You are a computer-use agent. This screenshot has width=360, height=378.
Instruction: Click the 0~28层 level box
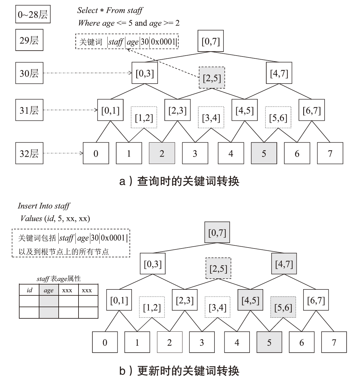[x=33, y=15]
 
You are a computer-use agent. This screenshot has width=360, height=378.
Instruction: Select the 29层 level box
[x=29, y=40]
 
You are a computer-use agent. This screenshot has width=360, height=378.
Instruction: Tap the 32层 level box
[x=29, y=153]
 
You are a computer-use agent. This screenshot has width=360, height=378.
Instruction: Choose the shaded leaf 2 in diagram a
[x=162, y=153]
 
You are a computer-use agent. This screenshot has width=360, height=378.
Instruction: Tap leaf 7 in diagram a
[x=330, y=153]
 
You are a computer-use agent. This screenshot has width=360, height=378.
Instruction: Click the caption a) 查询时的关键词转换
[x=179, y=181]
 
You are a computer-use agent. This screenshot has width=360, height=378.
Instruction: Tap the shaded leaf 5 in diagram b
[x=269, y=342]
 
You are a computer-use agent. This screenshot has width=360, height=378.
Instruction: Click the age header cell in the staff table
[x=49, y=290]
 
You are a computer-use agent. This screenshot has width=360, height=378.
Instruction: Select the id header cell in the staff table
[x=29, y=290]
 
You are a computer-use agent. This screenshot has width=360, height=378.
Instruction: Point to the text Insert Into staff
[x=44, y=206]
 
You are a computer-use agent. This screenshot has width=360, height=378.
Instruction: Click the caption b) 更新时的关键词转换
[x=179, y=371]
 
